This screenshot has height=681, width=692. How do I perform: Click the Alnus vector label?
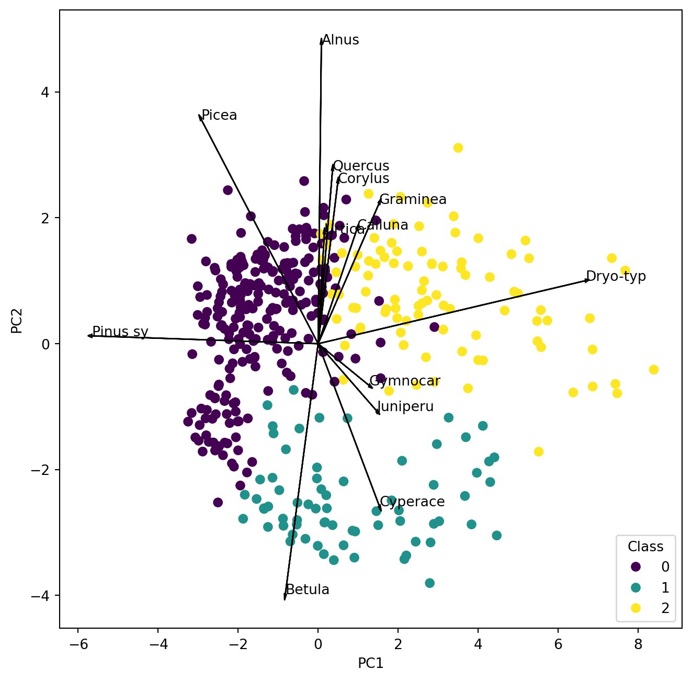pyautogui.click(x=341, y=40)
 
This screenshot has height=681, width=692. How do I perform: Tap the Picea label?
pyautogui.click(x=219, y=116)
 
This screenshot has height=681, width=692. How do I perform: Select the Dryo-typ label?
pyautogui.click(x=616, y=276)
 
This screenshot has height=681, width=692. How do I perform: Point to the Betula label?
pyautogui.click(x=308, y=590)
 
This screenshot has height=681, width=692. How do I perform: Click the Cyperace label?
pyautogui.click(x=412, y=502)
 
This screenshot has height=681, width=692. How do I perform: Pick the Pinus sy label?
pyautogui.click(x=120, y=332)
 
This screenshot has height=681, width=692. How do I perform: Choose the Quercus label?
pyautogui.click(x=361, y=166)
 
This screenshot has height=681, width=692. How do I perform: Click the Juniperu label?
pyautogui.click(x=405, y=407)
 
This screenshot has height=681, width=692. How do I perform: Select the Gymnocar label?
pyautogui.click(x=405, y=381)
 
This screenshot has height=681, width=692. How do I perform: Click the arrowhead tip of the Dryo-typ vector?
pyautogui.click(x=589, y=280)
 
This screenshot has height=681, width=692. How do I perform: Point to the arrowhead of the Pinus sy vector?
pyautogui.click(x=88, y=336)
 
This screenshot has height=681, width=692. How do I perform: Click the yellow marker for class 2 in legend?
pyautogui.click(x=636, y=608)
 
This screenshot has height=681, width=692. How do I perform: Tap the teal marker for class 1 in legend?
pyautogui.click(x=636, y=587)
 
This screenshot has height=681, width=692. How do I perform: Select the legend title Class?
pyautogui.click(x=645, y=547)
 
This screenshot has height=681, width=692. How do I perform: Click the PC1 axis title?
pyautogui.click(x=370, y=664)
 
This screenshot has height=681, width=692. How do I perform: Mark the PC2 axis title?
pyautogui.click(x=17, y=321)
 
